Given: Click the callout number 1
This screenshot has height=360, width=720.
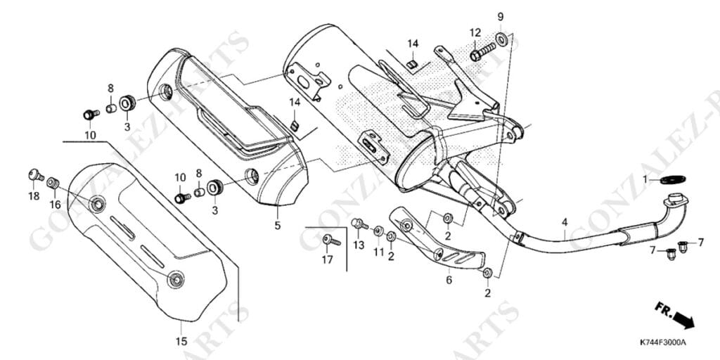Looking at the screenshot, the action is pos(645,179).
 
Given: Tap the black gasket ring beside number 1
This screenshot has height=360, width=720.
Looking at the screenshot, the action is pos(673,179).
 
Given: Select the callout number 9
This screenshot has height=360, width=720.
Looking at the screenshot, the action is pos(501,17).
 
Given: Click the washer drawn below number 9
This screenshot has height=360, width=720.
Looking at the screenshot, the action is pos(501,39).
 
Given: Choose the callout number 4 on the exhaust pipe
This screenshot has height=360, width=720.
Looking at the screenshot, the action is pos(565,223).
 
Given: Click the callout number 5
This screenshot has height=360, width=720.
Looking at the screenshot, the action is pos(277,226).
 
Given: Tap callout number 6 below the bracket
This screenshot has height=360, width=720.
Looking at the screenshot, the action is pos(449,280).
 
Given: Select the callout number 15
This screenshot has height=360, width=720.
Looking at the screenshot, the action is pos(181,341).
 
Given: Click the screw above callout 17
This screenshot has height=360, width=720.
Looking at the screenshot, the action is pos(331,240).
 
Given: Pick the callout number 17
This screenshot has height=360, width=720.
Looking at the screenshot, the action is pos(327,260).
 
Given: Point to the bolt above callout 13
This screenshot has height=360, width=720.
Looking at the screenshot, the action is pos(359,224).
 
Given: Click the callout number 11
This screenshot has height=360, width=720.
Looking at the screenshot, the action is pos(378,252).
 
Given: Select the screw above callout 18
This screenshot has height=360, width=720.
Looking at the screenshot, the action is pos(36,174).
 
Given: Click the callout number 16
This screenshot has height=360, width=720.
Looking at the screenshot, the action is pos(55,205).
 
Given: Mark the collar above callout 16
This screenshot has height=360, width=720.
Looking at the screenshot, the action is pos(53,184).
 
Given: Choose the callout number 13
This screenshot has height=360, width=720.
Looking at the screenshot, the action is pos(359,245).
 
